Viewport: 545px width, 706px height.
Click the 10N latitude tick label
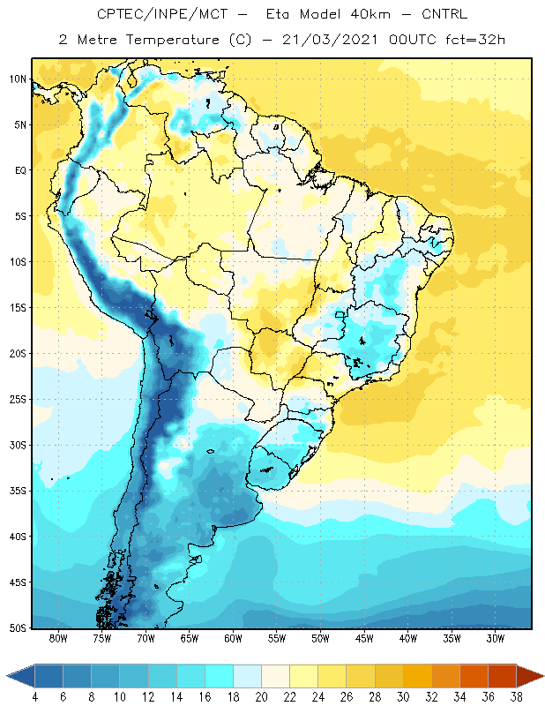pos(18,79)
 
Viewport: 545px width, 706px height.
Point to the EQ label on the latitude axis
pos(20,170)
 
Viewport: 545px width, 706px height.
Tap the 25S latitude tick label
pos(18,400)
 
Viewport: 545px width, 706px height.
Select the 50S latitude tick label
pos(18,628)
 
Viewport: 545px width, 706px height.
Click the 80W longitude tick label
pos(58,638)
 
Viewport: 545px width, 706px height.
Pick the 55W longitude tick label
pos(277,638)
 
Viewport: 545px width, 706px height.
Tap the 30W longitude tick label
pos(496,638)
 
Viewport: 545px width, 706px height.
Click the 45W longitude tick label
pos(364,638)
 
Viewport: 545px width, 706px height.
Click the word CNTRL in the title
pos(444,14)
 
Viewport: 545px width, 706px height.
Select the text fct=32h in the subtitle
pos(475,40)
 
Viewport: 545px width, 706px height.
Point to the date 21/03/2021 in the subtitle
pos(330,40)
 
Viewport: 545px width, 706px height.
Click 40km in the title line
pos(370,14)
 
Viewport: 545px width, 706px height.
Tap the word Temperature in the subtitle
pos(172,40)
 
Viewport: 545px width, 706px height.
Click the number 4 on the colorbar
pos(35,697)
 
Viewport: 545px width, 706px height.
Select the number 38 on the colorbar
pos(516,697)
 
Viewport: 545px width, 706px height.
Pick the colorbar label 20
pos(261,697)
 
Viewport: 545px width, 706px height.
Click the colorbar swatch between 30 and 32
pos(417,676)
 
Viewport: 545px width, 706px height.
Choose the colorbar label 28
pos(375,697)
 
